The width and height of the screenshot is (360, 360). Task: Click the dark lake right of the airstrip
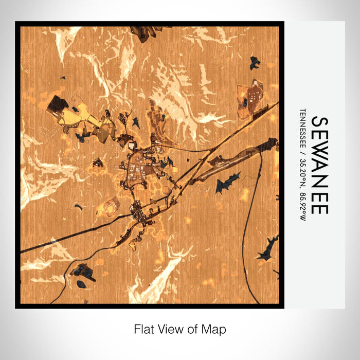tap(227, 183)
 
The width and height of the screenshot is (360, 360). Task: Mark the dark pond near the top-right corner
tap(255, 63)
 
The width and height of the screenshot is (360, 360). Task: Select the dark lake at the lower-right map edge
tap(267, 249)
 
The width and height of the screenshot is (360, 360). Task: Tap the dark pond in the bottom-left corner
tap(82, 272)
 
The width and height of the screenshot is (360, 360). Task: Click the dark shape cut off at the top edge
tap(146, 32)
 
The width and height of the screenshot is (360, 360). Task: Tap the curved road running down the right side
tap(260, 206)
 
